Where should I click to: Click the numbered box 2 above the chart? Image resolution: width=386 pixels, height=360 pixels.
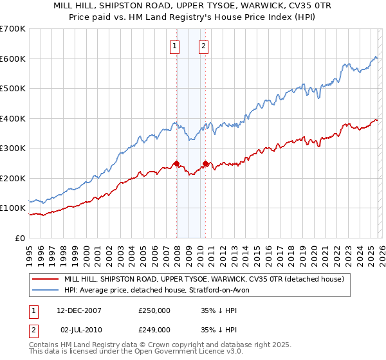click(x=203, y=46)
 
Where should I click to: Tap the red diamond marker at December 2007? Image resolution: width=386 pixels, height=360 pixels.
click(x=176, y=164)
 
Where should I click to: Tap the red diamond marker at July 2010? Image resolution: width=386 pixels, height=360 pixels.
click(x=205, y=164)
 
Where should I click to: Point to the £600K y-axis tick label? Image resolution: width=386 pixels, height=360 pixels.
click(x=13, y=59)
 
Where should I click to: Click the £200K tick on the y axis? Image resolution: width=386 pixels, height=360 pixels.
click(x=13, y=178)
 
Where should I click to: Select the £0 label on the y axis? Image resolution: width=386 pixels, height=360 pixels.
click(x=20, y=238)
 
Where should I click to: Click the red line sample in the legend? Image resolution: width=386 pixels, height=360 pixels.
click(x=46, y=279)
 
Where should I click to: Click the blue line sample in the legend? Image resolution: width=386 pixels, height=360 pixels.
click(x=46, y=290)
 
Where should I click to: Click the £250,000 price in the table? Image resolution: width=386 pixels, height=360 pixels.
click(x=154, y=310)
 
